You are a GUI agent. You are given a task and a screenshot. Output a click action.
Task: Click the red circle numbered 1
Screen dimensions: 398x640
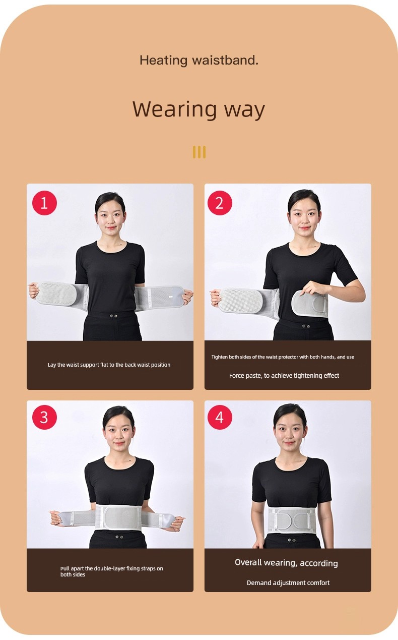[x=44, y=203]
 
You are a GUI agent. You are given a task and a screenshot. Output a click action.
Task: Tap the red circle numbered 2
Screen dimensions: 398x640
[x=220, y=203]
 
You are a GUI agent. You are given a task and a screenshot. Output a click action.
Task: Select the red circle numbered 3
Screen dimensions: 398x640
[x=44, y=417]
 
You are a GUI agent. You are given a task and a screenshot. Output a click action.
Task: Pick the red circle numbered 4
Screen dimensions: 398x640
[x=220, y=417]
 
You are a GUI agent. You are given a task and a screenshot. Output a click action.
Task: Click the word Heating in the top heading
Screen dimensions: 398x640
[x=163, y=61]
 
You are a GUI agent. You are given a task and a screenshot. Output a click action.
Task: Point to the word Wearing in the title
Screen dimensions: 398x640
[x=174, y=109]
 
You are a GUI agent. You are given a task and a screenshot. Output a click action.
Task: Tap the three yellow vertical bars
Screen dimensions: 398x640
[x=199, y=152]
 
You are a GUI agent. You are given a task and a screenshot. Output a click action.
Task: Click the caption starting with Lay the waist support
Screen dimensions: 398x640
[x=109, y=365]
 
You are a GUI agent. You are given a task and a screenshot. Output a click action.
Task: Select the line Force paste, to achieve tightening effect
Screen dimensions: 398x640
[x=284, y=376]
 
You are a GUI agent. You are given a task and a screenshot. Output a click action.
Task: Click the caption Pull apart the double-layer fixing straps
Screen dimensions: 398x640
[x=112, y=571]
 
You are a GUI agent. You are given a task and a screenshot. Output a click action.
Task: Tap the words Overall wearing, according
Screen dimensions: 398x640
[x=286, y=563]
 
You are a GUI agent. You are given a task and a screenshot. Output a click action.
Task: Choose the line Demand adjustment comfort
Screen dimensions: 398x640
[x=288, y=583]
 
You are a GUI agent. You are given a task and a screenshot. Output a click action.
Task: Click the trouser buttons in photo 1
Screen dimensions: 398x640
[x=113, y=316]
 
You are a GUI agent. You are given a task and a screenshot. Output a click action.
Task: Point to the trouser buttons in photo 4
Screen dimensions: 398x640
[x=292, y=540]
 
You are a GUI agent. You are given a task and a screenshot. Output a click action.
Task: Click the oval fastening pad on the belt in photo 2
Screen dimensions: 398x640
[x=309, y=304]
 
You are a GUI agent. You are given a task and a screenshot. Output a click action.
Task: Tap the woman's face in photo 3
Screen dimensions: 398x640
[x=119, y=432]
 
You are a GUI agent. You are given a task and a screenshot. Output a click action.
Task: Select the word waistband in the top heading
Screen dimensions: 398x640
[x=225, y=60]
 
